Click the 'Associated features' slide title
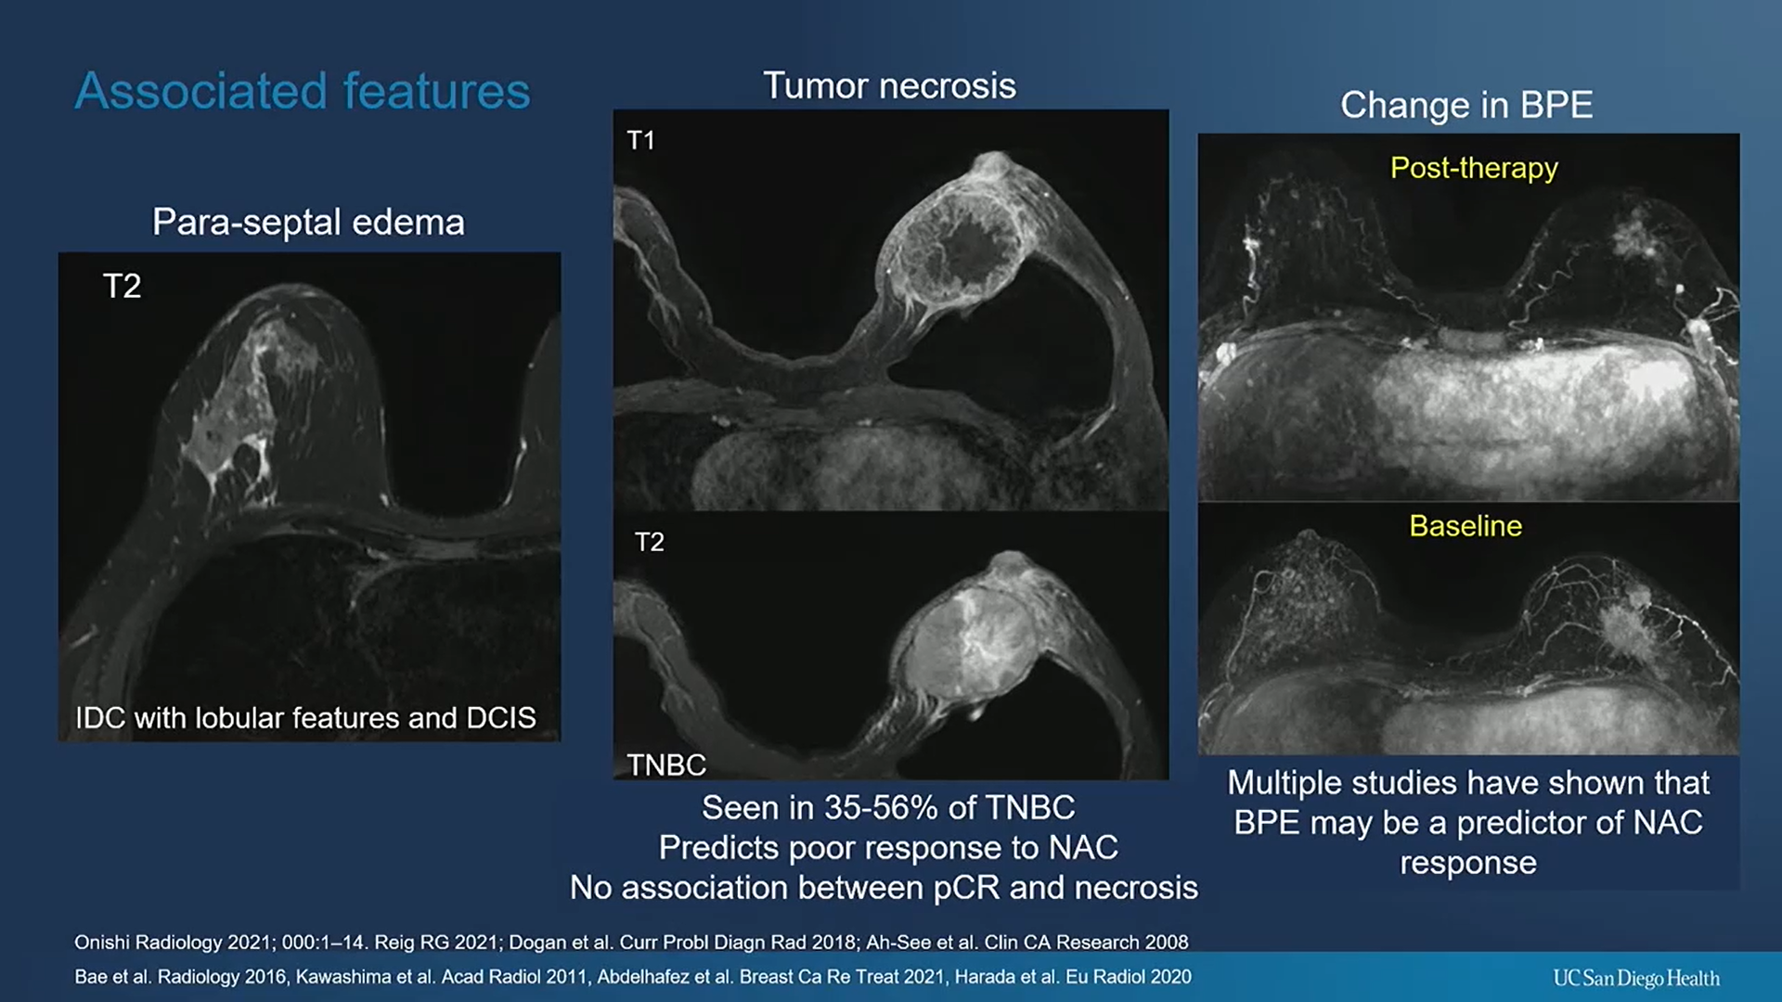coord(303,91)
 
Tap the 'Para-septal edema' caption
coord(308,222)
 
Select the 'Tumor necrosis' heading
coord(889,85)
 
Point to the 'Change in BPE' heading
coord(1466,105)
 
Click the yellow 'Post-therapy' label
coord(1473,168)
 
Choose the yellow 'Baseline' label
coord(1465,526)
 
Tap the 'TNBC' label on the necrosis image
coord(665,764)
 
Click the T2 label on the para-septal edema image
coord(122,286)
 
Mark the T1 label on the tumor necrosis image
coord(640,140)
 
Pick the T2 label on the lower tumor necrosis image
coord(649,542)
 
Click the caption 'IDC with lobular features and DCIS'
coord(305,717)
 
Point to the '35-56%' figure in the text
coord(881,807)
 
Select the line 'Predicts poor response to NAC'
coord(888,847)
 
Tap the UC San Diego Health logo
coord(1635,978)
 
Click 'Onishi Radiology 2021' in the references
coord(173,942)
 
